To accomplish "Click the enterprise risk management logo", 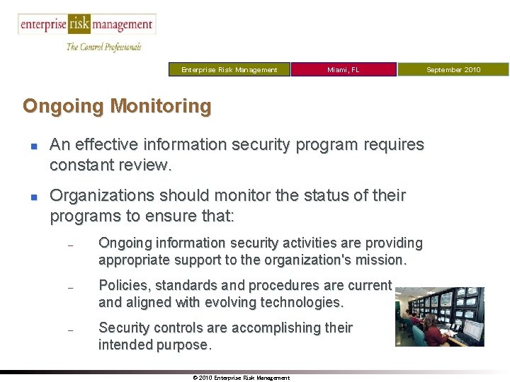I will point(86,25).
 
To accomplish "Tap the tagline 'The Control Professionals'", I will point(103,47).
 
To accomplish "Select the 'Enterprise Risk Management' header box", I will point(229,69).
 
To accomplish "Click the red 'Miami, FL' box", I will point(344,69).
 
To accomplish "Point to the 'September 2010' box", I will point(453,69).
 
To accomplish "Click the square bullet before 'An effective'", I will point(33,146).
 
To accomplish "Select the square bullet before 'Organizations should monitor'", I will point(33,195).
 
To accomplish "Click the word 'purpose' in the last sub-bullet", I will point(182,345).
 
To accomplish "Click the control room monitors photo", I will point(439,316).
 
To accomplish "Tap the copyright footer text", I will point(241,378).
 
